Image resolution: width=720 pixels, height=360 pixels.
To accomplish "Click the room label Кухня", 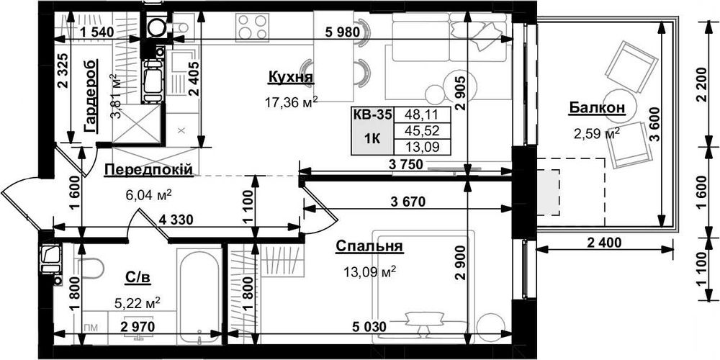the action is click(290, 78).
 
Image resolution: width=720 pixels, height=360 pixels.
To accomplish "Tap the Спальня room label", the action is click(369, 246).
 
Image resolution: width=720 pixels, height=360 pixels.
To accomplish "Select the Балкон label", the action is click(597, 108).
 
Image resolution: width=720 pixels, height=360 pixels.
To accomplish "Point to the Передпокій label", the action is click(148, 169).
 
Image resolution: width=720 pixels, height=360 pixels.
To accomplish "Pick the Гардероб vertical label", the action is click(91, 96).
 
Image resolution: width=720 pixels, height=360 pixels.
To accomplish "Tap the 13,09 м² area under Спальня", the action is click(369, 272).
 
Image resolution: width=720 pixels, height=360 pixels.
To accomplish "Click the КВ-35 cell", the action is click(372, 114).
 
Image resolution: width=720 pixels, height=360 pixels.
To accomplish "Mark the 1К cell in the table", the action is click(372, 139).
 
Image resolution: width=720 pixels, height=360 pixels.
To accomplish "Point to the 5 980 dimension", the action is click(342, 32).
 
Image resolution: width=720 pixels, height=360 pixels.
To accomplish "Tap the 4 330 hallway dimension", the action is click(176, 220).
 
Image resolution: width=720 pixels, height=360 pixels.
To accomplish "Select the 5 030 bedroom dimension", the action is click(368, 327).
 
